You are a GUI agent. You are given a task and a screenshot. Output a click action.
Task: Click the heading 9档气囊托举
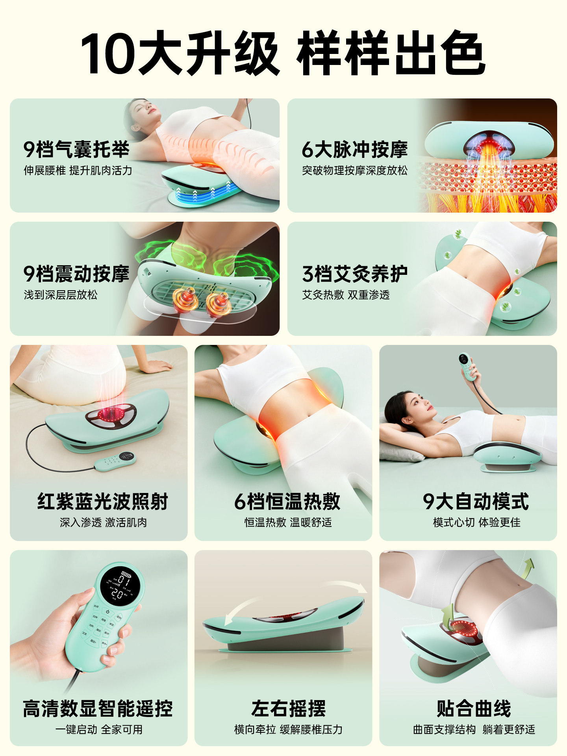tap(76, 149)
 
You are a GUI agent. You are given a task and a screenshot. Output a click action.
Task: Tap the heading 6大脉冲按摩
tap(354, 149)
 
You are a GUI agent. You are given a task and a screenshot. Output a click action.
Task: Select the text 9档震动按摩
tap(76, 274)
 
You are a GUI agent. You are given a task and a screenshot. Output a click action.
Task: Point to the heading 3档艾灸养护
tap(354, 274)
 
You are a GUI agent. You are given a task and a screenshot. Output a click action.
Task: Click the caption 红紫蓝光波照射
tap(103, 501)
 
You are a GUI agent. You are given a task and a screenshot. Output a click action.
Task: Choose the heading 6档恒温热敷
tap(287, 501)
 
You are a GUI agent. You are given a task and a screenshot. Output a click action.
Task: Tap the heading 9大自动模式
tap(476, 501)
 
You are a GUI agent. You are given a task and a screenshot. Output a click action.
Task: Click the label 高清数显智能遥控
tap(98, 708)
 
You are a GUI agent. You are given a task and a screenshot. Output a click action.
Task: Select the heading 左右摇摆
tap(288, 708)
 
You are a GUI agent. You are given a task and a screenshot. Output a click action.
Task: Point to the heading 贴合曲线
tap(474, 708)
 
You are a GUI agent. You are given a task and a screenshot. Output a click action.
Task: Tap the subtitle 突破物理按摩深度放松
tap(354, 170)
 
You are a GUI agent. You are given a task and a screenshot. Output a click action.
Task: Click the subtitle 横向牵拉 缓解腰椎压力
tap(288, 730)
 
